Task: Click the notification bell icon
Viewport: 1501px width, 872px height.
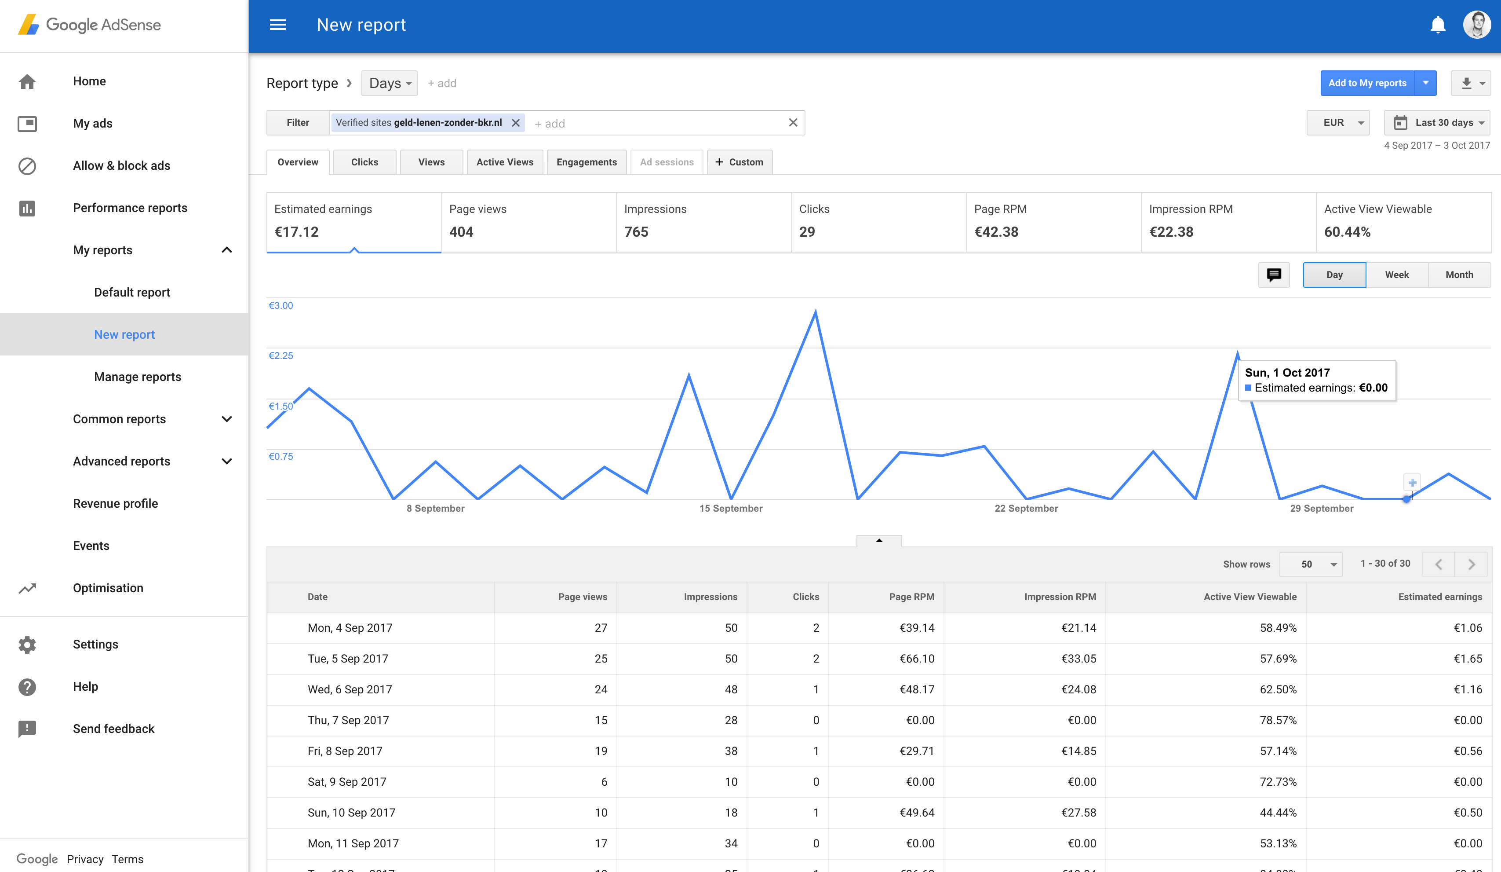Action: coord(1437,25)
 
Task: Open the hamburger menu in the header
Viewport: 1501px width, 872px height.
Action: coord(277,25)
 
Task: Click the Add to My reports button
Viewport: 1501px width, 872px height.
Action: coord(1367,83)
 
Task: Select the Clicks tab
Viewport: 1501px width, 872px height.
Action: coord(364,162)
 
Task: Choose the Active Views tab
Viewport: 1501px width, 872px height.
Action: coord(504,162)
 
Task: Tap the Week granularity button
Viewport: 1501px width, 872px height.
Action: coord(1397,275)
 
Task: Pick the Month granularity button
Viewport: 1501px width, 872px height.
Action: coord(1459,275)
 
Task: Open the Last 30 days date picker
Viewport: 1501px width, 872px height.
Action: coord(1437,123)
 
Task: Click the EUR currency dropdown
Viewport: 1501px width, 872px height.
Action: coord(1338,123)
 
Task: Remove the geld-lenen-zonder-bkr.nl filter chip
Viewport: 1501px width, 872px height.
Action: coord(516,123)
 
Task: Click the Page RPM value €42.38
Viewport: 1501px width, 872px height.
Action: coord(996,232)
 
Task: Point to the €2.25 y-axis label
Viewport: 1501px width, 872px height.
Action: coord(281,356)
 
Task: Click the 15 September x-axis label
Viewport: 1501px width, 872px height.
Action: coord(731,509)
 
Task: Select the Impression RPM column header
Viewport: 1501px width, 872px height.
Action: coord(1060,597)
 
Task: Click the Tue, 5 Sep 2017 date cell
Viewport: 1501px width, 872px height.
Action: coord(348,659)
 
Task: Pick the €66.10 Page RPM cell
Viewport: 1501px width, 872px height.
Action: coord(917,659)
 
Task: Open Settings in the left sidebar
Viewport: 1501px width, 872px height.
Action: coord(95,644)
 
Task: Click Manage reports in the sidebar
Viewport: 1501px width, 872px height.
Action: coord(138,377)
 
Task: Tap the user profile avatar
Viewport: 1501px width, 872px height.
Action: coord(1476,25)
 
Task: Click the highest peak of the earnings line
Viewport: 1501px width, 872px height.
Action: coord(816,311)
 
